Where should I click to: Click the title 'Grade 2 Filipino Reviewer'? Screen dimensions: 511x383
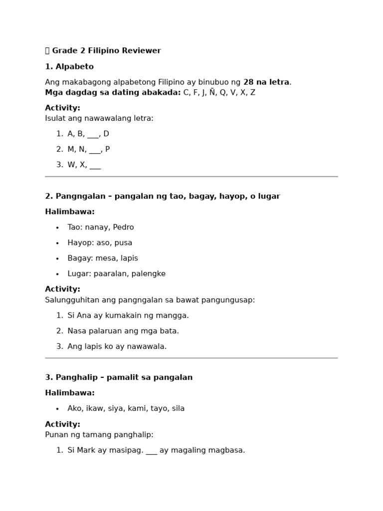point(106,51)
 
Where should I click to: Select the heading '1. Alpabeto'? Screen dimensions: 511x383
point(69,67)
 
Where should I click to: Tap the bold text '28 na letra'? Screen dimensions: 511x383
point(266,82)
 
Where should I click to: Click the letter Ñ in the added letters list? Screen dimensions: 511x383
point(212,92)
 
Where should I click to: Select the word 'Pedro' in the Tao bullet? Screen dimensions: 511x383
point(123,228)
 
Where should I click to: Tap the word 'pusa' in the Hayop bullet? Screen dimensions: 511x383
point(123,243)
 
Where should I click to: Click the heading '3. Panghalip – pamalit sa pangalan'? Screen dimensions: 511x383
point(119,378)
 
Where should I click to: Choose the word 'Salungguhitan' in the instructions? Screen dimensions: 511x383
point(70,300)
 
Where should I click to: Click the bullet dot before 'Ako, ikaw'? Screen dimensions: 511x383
point(57,409)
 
